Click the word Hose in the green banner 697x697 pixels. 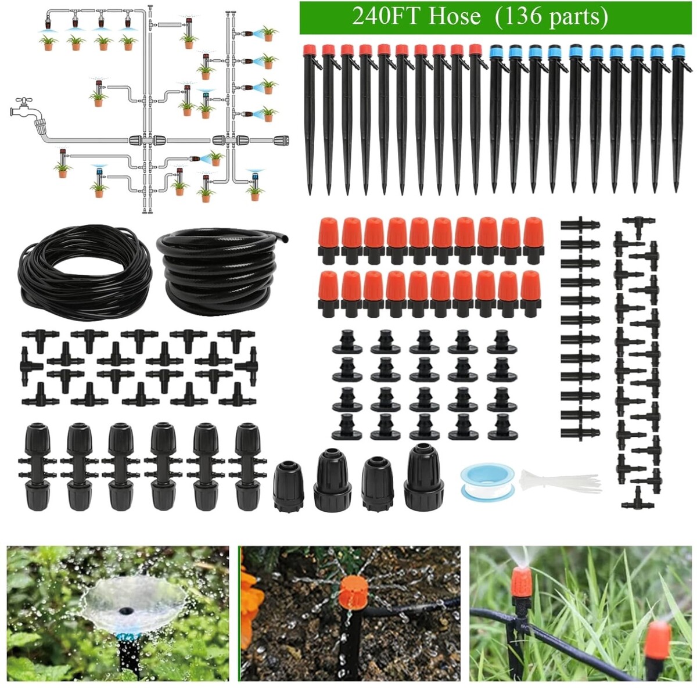click(x=454, y=17)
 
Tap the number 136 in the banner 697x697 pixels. click(x=521, y=17)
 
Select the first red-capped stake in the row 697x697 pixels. click(x=310, y=120)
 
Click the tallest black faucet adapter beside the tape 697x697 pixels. click(x=423, y=477)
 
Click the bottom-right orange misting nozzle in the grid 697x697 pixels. click(x=530, y=293)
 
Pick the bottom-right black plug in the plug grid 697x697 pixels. click(x=502, y=427)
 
